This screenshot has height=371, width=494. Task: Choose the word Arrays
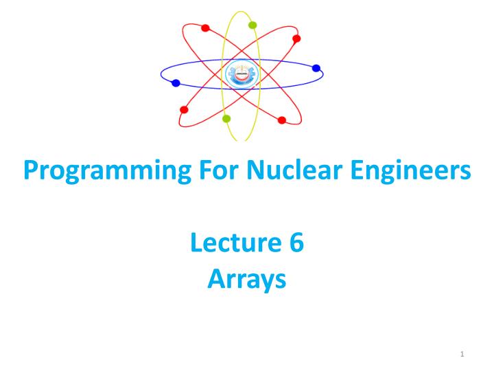[x=246, y=280]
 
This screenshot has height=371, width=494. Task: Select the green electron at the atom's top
[x=252, y=25]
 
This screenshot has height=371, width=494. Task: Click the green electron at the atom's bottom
[x=226, y=118]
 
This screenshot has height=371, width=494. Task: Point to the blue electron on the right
[x=316, y=68]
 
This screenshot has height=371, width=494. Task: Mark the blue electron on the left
[x=176, y=83]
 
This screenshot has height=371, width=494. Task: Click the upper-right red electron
[x=296, y=38]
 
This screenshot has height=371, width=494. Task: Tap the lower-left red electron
[x=183, y=110]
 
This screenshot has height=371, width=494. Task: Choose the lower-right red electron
[x=281, y=120]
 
